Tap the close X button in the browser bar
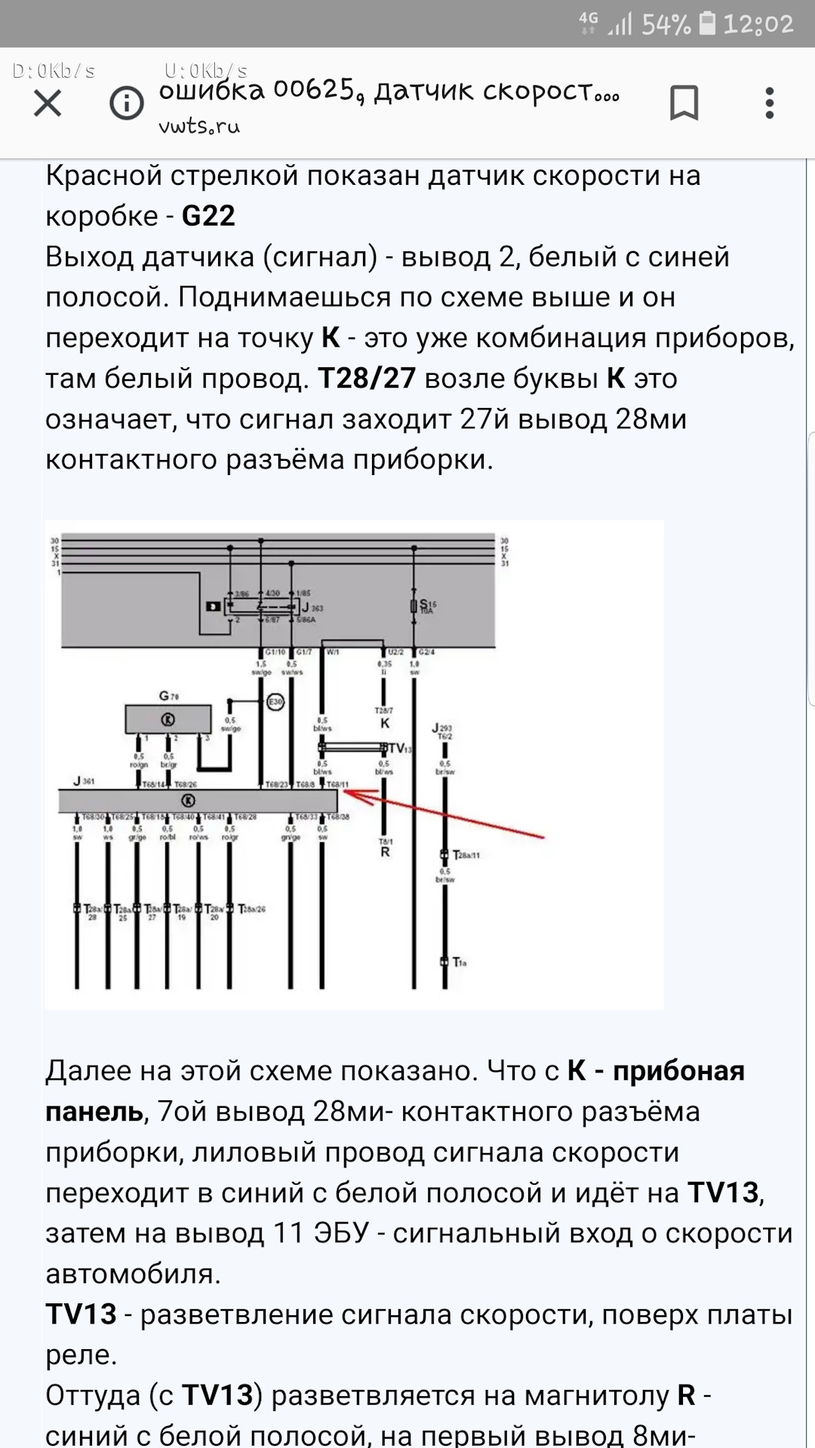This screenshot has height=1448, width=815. pos(48,103)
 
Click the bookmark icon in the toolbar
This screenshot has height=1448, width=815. pos(684,103)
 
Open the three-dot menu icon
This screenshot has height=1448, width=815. pos(769,103)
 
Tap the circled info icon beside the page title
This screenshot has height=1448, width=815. pos(127,103)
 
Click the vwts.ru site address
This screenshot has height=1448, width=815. pos(199,127)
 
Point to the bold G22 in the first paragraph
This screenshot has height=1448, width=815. pos(208,216)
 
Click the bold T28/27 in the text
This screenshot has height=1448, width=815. pos(367,379)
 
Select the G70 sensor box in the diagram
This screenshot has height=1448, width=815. pos(168,719)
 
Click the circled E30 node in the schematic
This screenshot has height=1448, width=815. pos(275,702)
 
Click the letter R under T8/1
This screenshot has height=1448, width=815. pos(385,852)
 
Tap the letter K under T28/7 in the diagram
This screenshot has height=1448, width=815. pos(385,723)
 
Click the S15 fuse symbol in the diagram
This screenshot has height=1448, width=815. pos(414,606)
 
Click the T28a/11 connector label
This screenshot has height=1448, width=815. pos(466,855)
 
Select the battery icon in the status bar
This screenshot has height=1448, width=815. pos(707,23)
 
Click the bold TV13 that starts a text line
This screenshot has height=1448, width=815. pos(81,1315)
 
